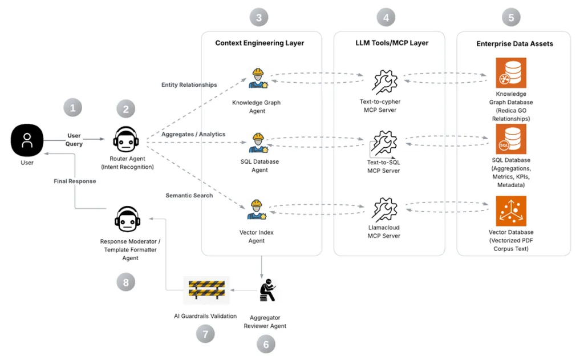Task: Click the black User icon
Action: pyautogui.click(x=27, y=140)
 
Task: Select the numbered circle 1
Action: pyautogui.click(x=72, y=107)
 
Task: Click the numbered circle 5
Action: pyautogui.click(x=511, y=18)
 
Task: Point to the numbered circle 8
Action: pyautogui.click(x=125, y=281)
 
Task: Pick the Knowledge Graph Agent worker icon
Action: pyautogui.click(x=258, y=79)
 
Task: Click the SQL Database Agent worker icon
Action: pyautogui.click(x=258, y=143)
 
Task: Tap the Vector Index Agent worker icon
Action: pyautogui.click(x=257, y=209)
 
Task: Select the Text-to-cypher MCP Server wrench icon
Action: pyautogui.click(x=384, y=81)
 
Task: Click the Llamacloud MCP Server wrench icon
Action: pyautogui.click(x=384, y=209)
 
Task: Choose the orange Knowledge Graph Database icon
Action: pyautogui.click(x=511, y=72)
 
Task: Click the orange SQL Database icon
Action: pyautogui.click(x=511, y=139)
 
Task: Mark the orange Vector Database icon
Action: pyautogui.click(x=511, y=211)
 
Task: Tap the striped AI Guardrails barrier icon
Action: pyautogui.click(x=206, y=290)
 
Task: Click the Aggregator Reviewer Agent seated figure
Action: pyautogui.click(x=266, y=292)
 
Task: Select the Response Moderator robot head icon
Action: pyautogui.click(x=126, y=219)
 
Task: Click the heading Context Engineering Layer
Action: pyautogui.click(x=259, y=43)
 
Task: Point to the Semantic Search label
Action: pyautogui.click(x=189, y=196)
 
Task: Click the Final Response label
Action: pyautogui.click(x=74, y=181)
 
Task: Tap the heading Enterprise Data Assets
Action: pyautogui.click(x=514, y=43)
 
